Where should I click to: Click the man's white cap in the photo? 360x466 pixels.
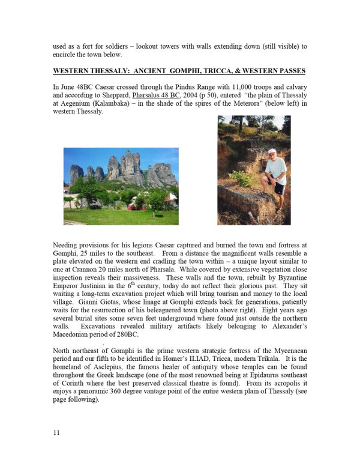(x=272, y=151)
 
